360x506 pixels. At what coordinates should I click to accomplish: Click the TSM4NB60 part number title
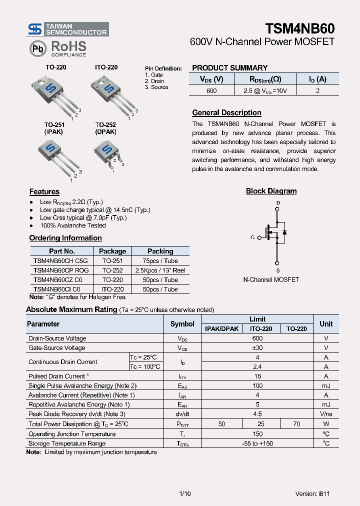[x=299, y=28]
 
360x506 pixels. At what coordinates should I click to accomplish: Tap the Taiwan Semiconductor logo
[x=68, y=29]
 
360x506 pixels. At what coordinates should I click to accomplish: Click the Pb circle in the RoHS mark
[x=37, y=48]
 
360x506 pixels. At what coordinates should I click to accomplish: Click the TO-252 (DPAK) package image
[x=107, y=152]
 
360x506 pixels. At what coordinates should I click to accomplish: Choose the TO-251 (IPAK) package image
[x=56, y=155]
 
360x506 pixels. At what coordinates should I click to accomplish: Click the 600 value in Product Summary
[x=211, y=90]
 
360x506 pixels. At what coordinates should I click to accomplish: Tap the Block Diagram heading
[x=271, y=191]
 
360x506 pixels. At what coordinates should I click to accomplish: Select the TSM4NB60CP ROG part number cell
[x=61, y=270]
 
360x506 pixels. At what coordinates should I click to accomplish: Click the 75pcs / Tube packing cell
[x=160, y=260]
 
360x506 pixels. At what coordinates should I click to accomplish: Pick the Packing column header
[x=160, y=251]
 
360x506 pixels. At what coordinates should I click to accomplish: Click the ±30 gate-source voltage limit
[x=257, y=347]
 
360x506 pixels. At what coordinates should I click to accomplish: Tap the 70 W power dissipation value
[x=296, y=423]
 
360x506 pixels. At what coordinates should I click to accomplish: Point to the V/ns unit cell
[x=325, y=414]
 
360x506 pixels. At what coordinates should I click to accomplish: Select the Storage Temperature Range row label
[x=67, y=443]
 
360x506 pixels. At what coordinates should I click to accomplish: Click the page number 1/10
[x=184, y=493]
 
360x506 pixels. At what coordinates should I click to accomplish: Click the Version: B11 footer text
[x=312, y=493]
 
